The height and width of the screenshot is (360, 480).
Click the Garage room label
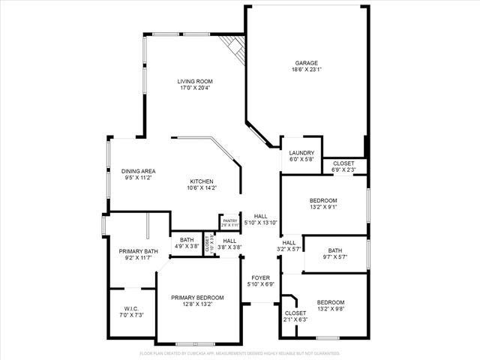pos(305,63)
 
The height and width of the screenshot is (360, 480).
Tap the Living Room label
pos(195,81)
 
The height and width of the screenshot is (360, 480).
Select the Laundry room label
pos(301,153)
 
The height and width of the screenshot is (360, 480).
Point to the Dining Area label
pos(138,171)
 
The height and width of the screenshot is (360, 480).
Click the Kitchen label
pos(202,181)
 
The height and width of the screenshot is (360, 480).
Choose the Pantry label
pos(229,220)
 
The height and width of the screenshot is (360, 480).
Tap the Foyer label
pos(260,277)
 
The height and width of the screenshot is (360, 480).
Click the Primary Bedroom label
pos(197,297)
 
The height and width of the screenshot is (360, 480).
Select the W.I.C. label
pos(131,310)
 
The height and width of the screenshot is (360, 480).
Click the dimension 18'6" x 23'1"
pos(305,70)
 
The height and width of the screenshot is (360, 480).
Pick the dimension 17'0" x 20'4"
pos(195,88)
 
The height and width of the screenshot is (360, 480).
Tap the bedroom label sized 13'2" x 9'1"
pos(323,200)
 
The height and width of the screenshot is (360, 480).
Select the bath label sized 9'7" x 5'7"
pos(334,250)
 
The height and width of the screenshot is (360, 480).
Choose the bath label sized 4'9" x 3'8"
pos(186,240)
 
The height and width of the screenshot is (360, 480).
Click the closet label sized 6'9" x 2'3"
pos(343,163)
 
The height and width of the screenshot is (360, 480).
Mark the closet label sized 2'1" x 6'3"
pos(295,313)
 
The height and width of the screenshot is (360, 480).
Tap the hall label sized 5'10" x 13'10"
pos(261,216)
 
